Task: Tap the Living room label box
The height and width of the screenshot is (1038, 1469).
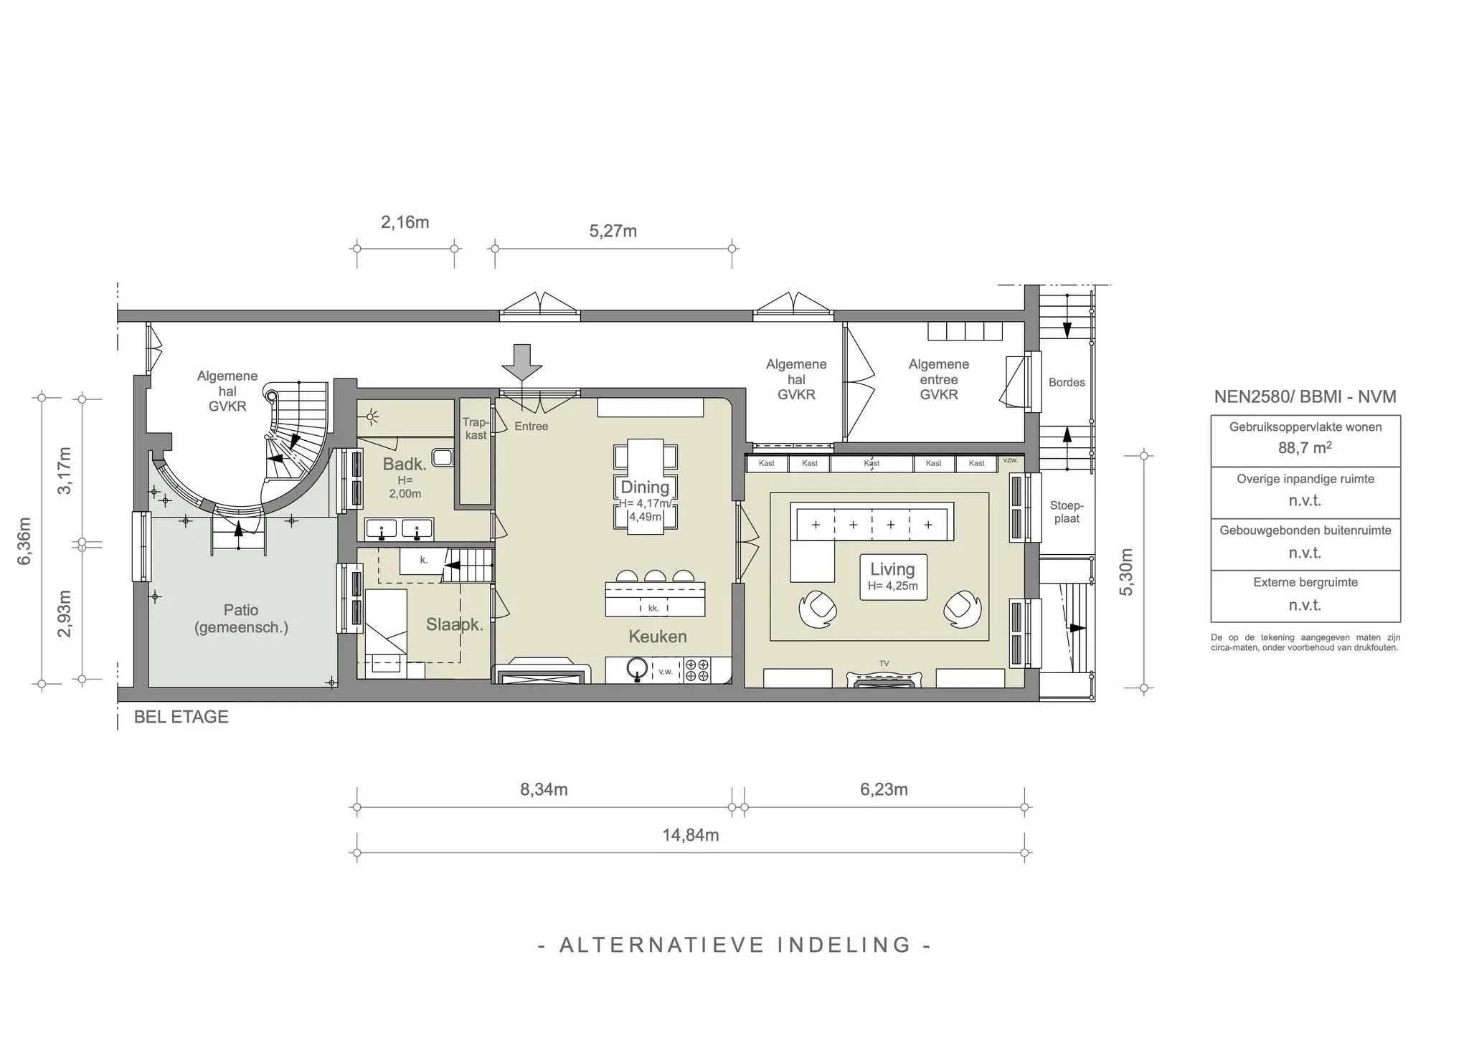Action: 892,576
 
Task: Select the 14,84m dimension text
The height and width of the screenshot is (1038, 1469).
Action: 690,835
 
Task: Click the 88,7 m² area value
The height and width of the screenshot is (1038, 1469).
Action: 1305,448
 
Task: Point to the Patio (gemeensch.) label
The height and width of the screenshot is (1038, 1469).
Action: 241,619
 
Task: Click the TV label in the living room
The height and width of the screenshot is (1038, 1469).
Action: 884,664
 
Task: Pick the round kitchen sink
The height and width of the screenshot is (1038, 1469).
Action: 636,668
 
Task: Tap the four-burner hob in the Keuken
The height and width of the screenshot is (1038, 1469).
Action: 697,670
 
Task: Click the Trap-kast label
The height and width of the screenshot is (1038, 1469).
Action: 475,429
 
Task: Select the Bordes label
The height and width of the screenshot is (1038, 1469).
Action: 1066,383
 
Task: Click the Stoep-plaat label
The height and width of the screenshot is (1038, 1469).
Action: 1067,512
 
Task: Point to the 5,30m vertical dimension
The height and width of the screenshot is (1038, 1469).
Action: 1126,571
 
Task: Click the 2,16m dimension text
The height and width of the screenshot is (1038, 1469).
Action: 405,222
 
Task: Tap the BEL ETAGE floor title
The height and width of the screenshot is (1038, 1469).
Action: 181,717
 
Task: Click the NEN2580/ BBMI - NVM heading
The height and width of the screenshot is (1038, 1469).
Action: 1305,396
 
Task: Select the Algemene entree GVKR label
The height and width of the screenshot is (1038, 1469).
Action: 938,379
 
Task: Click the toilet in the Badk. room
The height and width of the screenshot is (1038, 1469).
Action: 444,458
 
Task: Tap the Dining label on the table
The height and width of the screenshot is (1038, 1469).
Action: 645,487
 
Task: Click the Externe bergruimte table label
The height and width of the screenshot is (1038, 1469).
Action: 1305,582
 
